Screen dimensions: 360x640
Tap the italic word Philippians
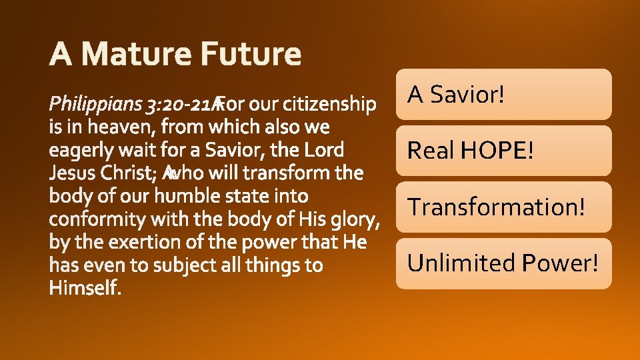pos(96,105)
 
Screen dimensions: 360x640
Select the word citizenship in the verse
pos(329,105)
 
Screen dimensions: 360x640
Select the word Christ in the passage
pos(130,173)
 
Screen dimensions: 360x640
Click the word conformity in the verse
pos(98,219)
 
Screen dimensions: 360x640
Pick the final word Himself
pos(85,288)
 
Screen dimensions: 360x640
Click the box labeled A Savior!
pos(503,95)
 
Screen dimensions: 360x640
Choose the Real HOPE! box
pos(503,151)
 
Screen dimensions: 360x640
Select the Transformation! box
pos(503,207)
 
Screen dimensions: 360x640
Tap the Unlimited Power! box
pos(503,263)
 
